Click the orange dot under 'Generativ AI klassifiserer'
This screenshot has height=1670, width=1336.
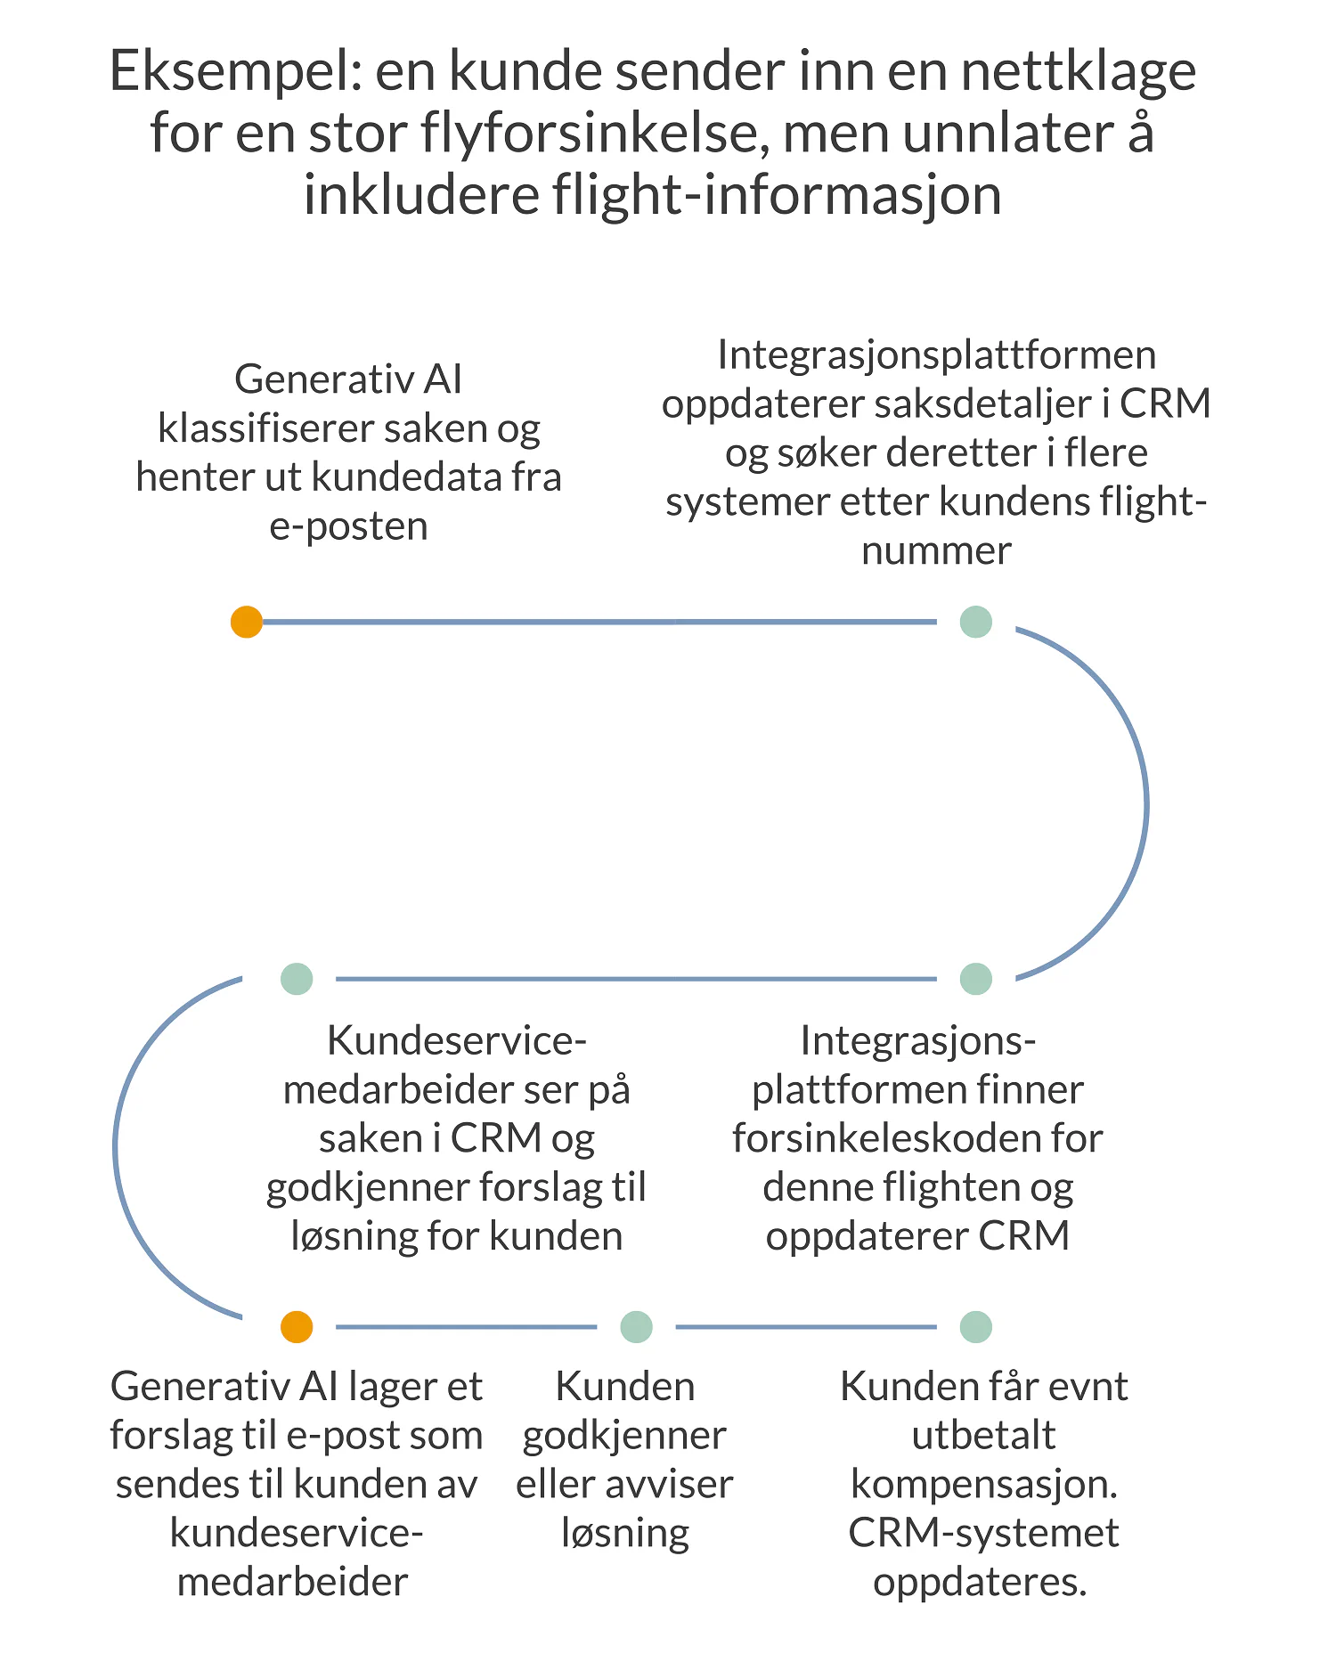point(247,622)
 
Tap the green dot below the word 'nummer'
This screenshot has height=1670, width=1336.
point(976,622)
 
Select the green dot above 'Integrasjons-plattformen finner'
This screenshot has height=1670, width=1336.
point(976,979)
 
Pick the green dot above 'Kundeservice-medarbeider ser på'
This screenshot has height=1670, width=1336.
point(297,979)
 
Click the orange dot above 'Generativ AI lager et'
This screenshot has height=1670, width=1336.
point(297,1326)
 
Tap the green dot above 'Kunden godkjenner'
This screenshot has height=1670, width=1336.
point(636,1326)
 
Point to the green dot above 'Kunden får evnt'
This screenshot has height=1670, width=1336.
point(976,1326)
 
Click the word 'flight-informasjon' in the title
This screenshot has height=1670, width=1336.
point(777,195)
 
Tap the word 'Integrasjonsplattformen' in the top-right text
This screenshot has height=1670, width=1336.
point(936,355)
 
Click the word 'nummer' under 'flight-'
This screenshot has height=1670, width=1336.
point(936,550)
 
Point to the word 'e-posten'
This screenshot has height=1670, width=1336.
point(348,526)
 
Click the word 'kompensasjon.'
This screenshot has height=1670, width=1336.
point(984,1484)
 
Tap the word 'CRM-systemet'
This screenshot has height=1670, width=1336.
point(983,1533)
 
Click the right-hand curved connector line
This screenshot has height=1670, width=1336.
point(1145,802)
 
